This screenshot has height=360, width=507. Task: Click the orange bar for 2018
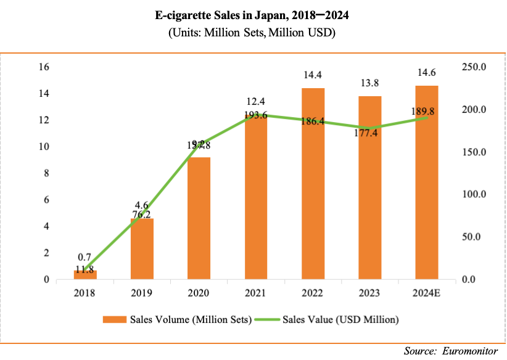click(x=85, y=275)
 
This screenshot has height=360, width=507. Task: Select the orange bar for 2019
click(x=142, y=249)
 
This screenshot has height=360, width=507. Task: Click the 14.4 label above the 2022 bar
click(x=313, y=76)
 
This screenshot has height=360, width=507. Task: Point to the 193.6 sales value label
click(x=256, y=115)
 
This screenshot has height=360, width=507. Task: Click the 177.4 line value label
click(x=370, y=131)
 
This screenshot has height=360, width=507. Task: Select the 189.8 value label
click(x=427, y=111)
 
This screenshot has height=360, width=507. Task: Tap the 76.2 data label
click(x=142, y=215)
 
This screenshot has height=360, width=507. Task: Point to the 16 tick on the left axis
click(x=44, y=67)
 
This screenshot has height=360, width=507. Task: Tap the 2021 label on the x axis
click(x=256, y=293)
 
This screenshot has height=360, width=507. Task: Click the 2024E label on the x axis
click(x=427, y=293)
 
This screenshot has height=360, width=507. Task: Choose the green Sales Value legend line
click(x=267, y=319)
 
